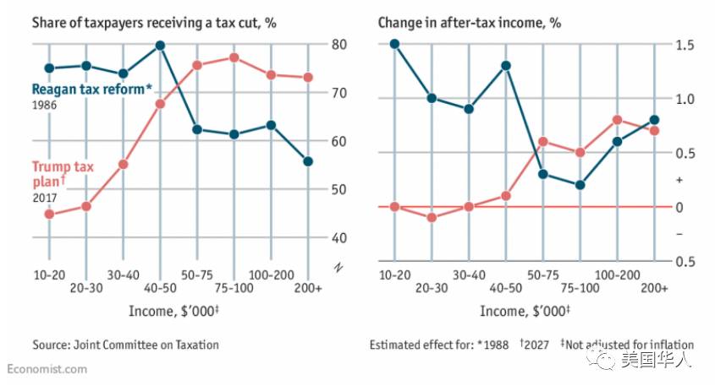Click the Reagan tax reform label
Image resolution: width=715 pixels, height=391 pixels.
91,90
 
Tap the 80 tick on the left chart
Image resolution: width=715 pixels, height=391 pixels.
338,44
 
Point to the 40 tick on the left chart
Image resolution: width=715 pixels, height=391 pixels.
338,237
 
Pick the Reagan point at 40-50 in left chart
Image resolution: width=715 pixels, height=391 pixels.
160,45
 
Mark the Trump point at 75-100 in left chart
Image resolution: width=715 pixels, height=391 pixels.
234,57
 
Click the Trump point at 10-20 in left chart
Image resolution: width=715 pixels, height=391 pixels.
49,214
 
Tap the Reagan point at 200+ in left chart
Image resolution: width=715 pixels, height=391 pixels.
308,161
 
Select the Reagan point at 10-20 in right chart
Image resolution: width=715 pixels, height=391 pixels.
395,44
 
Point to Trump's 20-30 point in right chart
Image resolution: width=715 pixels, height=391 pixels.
432,218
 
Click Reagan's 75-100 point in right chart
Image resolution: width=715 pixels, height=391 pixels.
580,185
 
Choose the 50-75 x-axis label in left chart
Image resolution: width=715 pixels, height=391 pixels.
196,276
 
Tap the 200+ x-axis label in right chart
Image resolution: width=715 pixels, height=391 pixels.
654,289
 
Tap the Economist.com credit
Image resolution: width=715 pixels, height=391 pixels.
47,370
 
